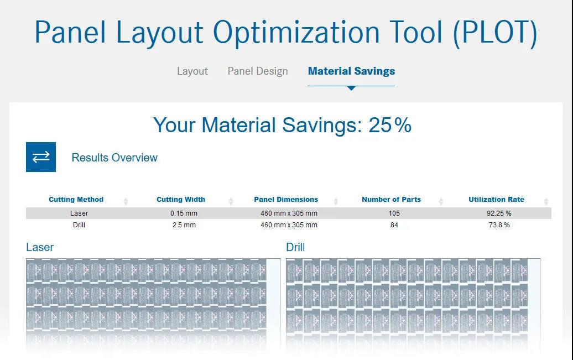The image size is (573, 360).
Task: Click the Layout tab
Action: pos(192,71)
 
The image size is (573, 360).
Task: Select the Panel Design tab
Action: pos(258,71)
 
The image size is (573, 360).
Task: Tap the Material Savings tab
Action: pos(351,71)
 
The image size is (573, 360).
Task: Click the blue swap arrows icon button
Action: pos(41,157)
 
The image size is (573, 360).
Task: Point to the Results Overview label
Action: pos(114,158)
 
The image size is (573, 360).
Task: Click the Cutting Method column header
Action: pos(76,200)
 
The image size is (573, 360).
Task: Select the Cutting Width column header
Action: pos(181,200)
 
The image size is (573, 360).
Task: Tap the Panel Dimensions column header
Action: pos(286,200)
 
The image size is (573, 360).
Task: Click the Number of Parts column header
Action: pos(392,200)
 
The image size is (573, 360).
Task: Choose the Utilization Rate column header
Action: pos(496,200)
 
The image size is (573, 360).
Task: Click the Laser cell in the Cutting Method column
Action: pos(79,213)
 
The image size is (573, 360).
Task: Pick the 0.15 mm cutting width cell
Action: pos(184,213)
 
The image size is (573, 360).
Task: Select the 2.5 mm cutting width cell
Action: pos(184,225)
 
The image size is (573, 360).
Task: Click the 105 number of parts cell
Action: pos(394,213)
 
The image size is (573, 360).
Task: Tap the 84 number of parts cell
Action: pos(394,225)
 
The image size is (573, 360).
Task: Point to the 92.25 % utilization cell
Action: pos(499,213)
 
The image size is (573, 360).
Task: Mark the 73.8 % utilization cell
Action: pos(499,225)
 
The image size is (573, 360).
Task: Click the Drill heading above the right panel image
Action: pos(295,247)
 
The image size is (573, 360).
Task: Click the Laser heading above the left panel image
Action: pos(40,247)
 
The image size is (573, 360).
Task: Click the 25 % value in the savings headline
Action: pos(390,125)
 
